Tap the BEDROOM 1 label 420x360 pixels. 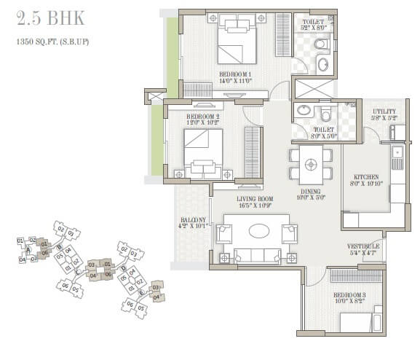[x=235, y=74]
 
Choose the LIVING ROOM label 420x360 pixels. [x=253, y=198]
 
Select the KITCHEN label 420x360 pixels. [x=365, y=176]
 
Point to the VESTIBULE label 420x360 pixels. [x=363, y=246]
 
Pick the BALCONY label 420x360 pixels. [x=194, y=220]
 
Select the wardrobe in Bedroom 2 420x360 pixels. [x=253, y=152]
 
